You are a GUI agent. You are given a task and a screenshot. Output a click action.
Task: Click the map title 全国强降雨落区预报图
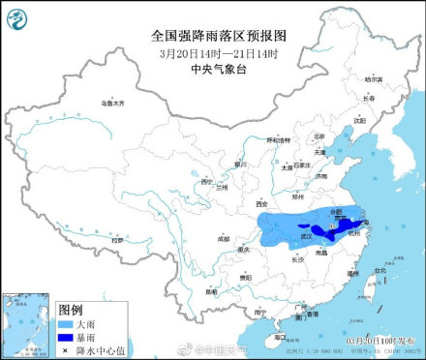215,33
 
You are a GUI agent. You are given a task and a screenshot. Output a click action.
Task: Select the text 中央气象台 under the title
215,69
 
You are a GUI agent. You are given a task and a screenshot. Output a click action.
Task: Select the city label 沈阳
359,121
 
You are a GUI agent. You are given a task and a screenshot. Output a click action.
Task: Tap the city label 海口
278,338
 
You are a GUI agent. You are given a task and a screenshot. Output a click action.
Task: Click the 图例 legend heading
71,308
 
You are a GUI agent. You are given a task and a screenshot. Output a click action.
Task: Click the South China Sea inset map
28,320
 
